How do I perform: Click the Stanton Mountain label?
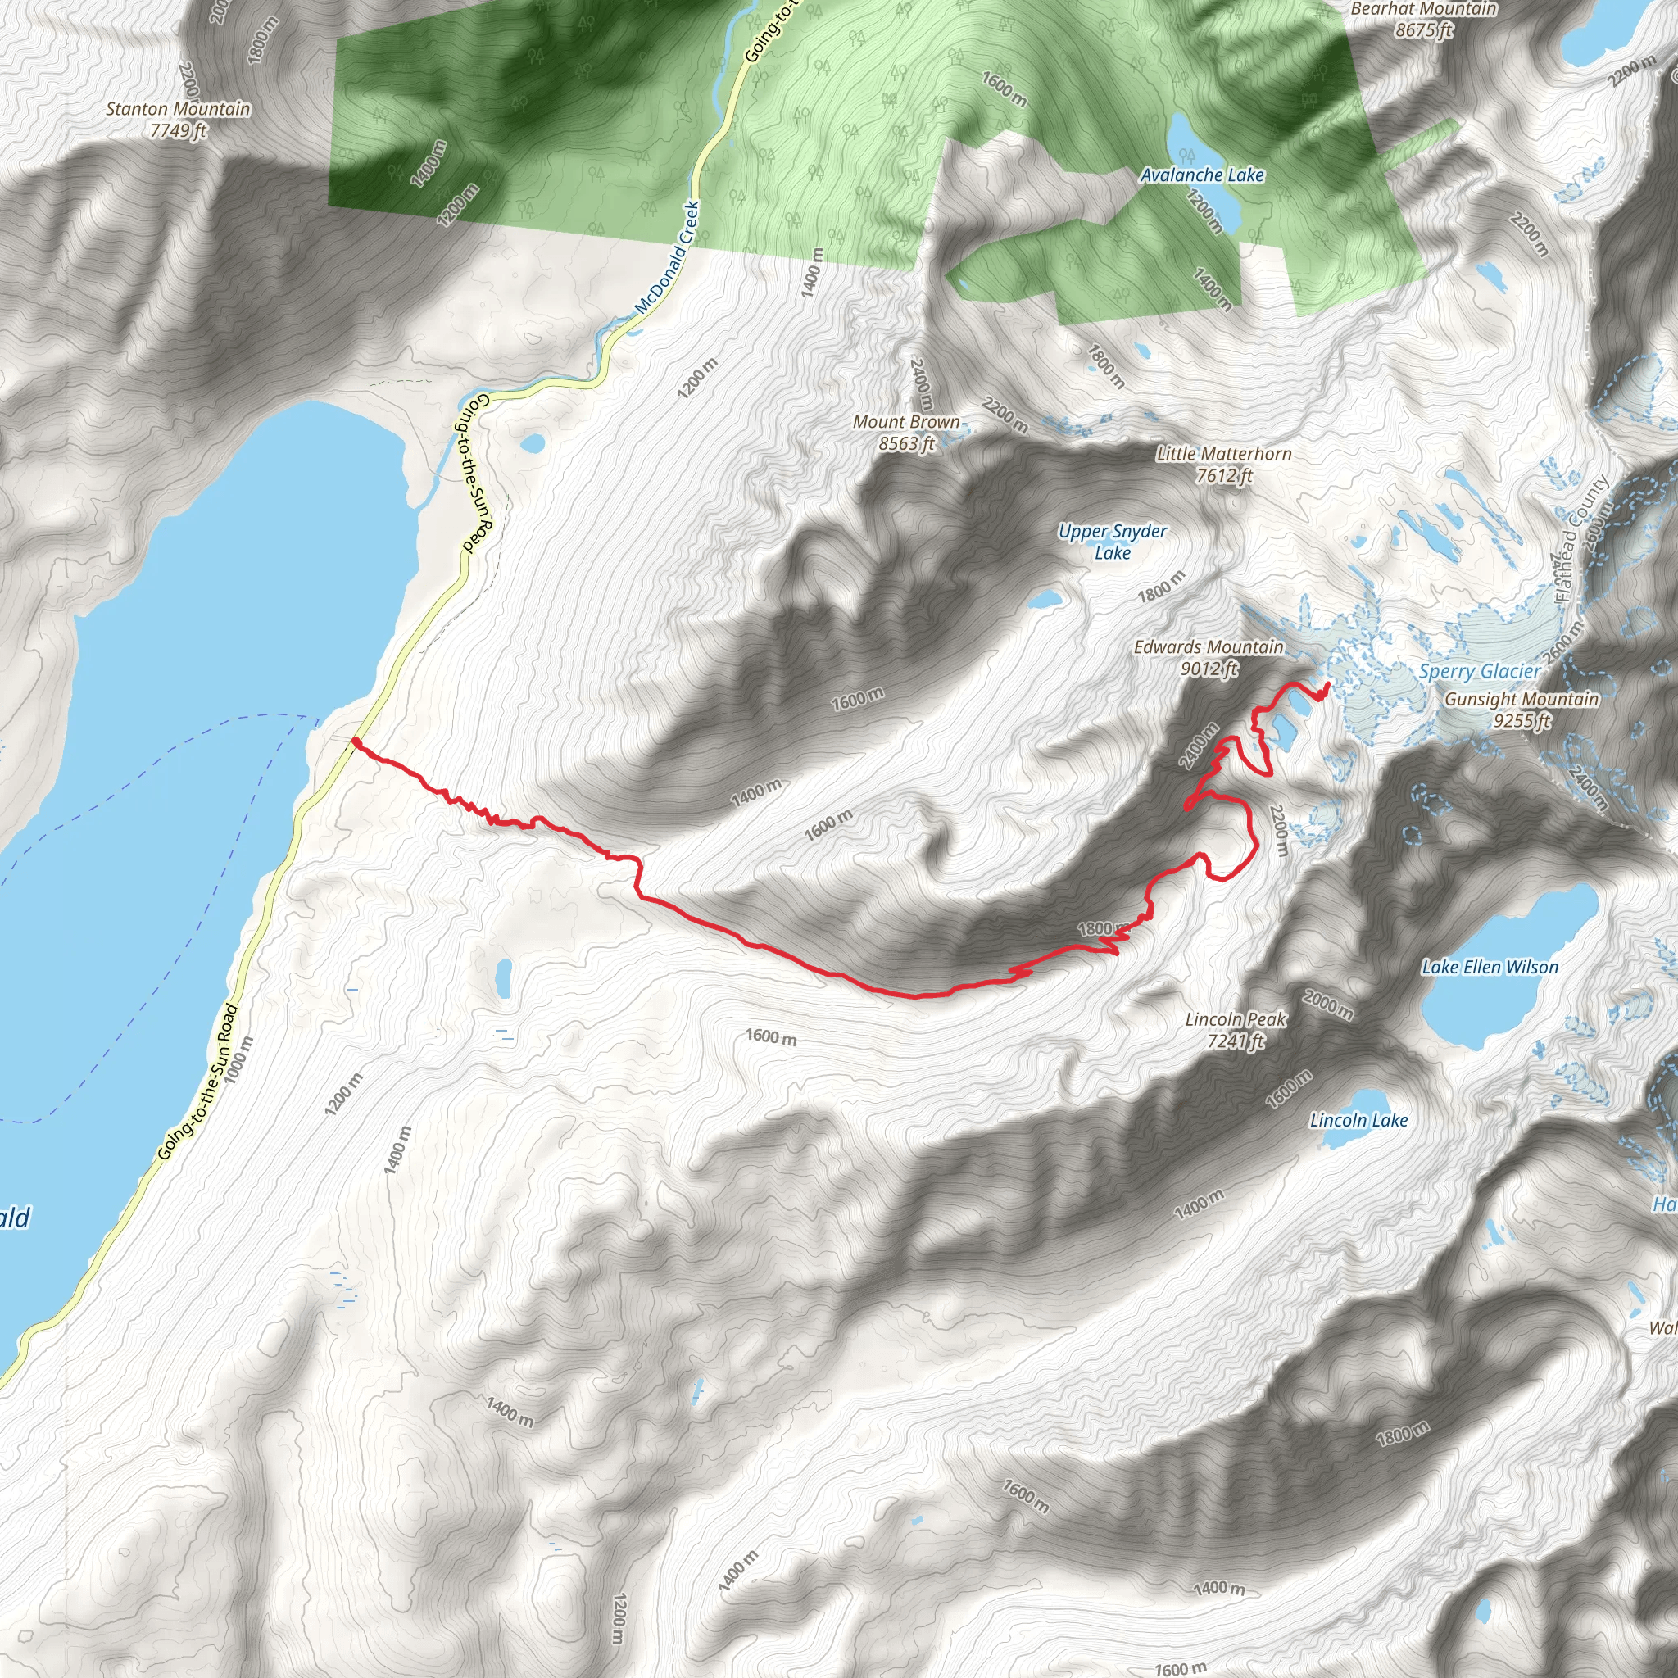coord(178,110)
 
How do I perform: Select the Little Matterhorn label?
coord(1224,454)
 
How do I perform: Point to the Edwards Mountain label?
coord(1209,648)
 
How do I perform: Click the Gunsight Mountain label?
coord(1521,700)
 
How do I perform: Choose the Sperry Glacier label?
coord(1479,671)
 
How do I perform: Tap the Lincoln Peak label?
coord(1235,1019)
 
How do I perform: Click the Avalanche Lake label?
coord(1201,175)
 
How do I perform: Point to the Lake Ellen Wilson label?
coord(1490,968)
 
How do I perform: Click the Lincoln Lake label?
coord(1358,1120)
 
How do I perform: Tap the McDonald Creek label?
coord(667,258)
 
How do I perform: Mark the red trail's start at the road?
coord(356,741)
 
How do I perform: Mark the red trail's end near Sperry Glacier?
coord(1328,686)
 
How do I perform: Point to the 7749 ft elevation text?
coord(178,131)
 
